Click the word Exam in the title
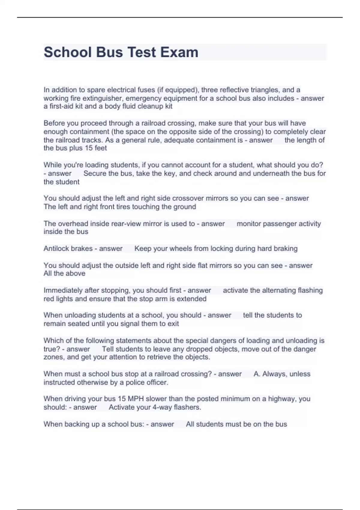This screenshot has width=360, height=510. [x=179, y=52]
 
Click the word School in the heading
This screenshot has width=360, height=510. [x=68, y=52]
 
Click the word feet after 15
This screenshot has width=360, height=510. [x=101, y=148]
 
